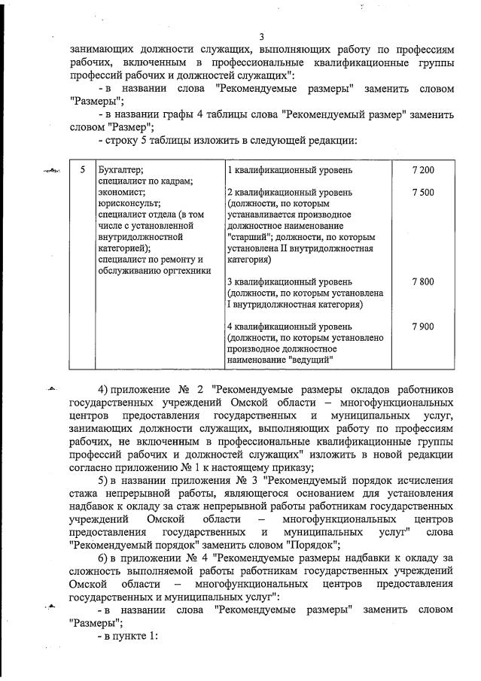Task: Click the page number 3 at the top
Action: [x=261, y=37]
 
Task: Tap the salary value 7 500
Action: [x=423, y=193]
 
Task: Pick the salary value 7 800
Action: [x=423, y=281]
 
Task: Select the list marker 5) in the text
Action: [x=105, y=482]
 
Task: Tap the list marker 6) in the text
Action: [x=105, y=558]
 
